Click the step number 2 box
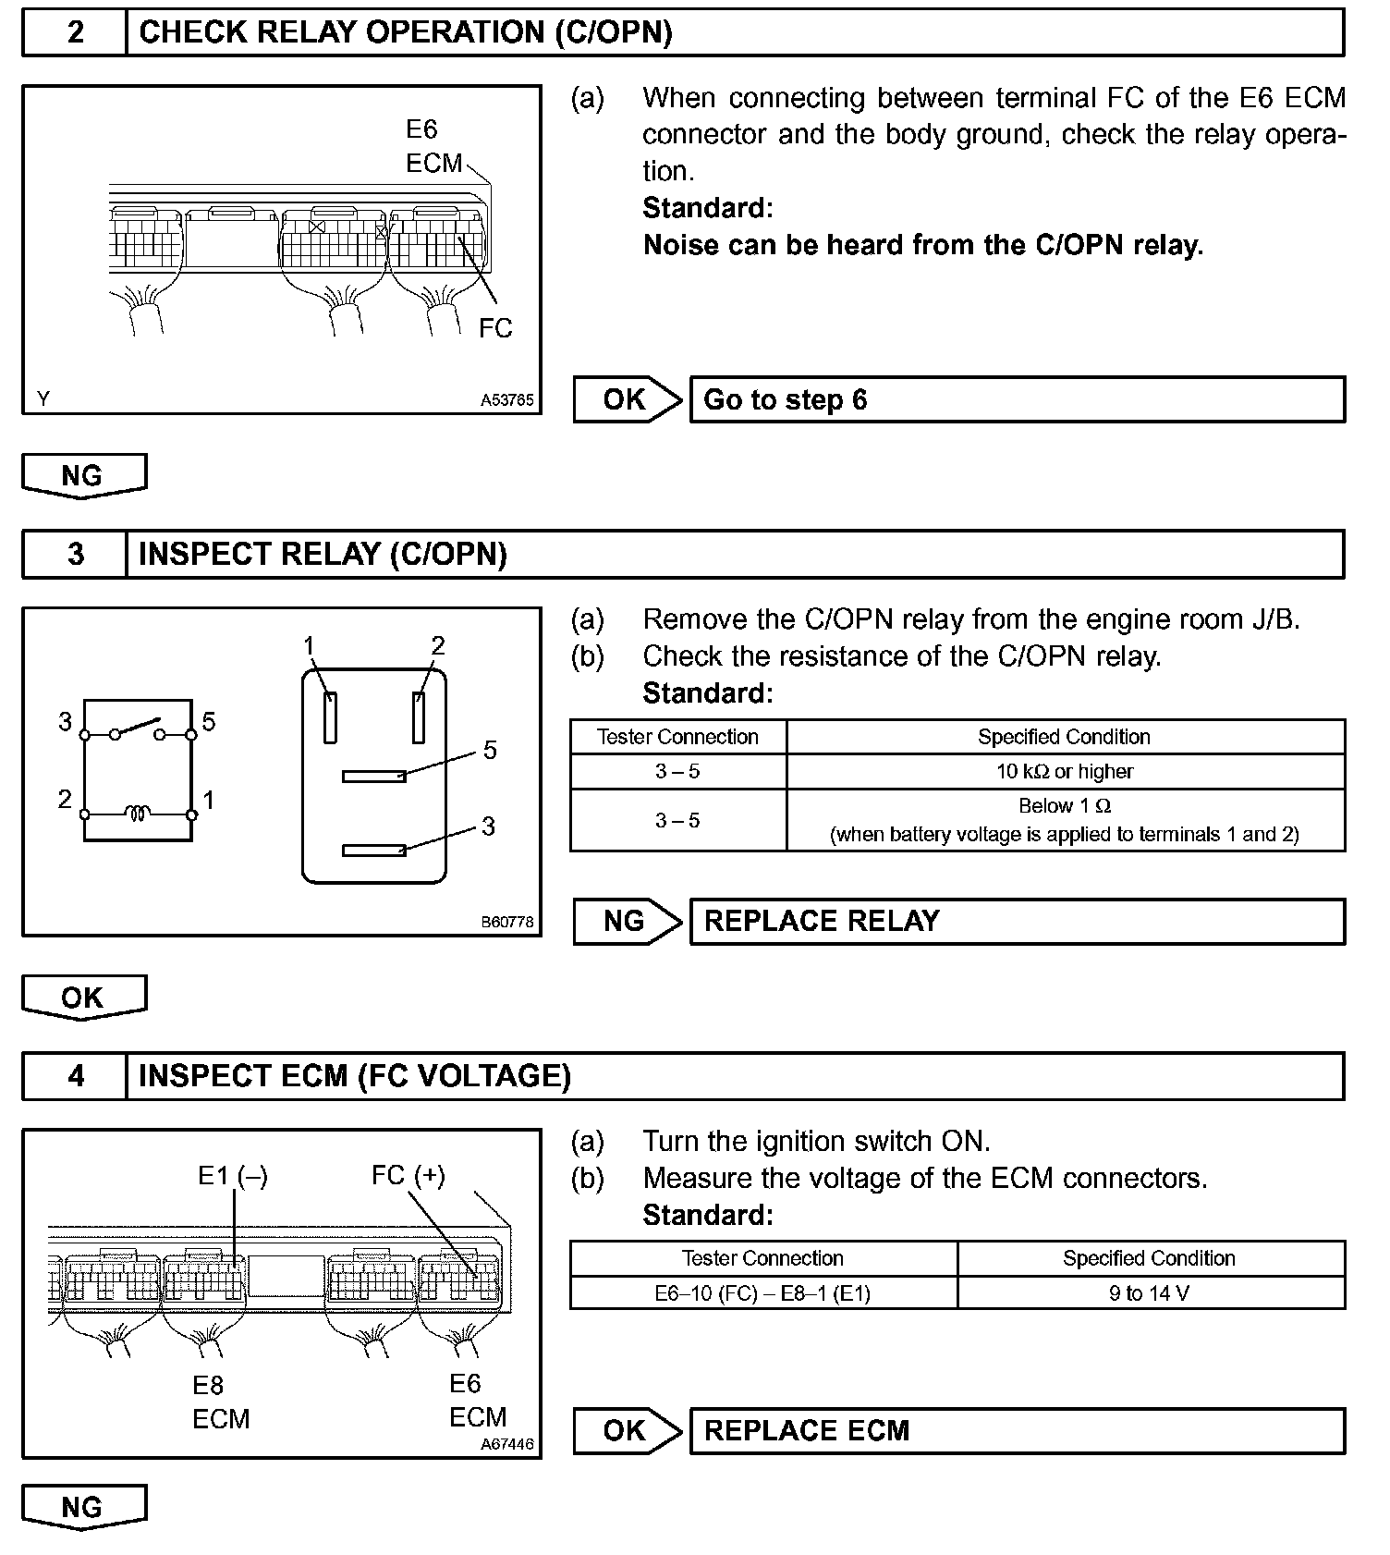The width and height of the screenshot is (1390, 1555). pos(75,32)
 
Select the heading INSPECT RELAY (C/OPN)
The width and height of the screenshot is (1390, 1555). pos(323,554)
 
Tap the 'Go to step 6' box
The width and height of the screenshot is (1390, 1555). pos(1017,399)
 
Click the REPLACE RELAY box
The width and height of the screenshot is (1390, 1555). pos(1017,921)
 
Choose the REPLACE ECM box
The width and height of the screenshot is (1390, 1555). pos(1017,1430)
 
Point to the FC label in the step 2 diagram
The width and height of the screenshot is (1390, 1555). pos(495,328)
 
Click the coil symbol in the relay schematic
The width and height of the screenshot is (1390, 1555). pos(138,814)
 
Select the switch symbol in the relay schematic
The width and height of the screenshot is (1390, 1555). pos(137,729)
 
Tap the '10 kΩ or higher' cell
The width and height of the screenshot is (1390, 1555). pos(1065,771)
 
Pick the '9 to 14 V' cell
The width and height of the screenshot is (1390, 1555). pos(1150,1292)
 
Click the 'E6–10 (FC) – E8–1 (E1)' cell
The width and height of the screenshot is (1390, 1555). pos(762,1292)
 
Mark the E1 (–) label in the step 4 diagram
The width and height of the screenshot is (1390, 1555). pos(233,1176)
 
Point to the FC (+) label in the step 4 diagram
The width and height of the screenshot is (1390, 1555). pos(408,1175)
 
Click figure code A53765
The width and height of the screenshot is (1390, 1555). pos(506,400)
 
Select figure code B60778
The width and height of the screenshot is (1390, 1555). pos(506,922)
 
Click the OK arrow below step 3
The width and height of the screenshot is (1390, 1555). pos(83,998)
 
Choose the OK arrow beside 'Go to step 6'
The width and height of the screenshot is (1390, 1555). pos(627,399)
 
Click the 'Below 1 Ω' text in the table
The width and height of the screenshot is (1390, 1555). pos(1065,805)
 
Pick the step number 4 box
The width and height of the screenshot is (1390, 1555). pos(75,1075)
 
